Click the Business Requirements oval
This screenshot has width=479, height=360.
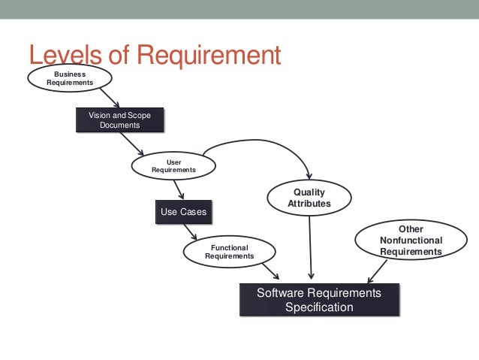[x=70, y=77]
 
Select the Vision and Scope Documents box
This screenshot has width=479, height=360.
[x=119, y=120]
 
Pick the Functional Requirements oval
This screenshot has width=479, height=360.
[x=229, y=251]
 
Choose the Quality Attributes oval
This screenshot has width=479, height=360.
[x=309, y=198]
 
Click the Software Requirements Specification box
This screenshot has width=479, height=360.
[x=318, y=299]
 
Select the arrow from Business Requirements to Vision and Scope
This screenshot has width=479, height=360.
[x=108, y=98]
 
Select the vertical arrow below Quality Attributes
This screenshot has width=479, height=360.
[x=309, y=248]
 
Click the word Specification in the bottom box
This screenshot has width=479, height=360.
[x=318, y=307]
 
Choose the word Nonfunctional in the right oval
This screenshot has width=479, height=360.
[x=411, y=241]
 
